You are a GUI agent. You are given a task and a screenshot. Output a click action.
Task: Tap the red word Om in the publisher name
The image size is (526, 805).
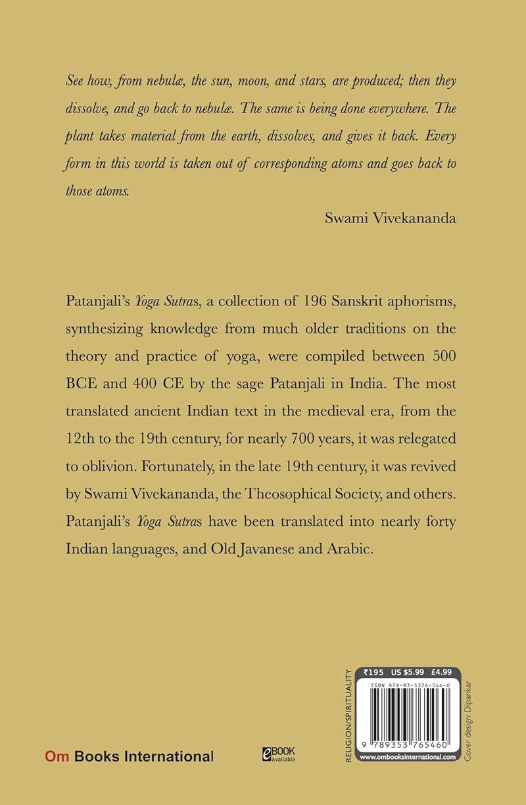coord(57,757)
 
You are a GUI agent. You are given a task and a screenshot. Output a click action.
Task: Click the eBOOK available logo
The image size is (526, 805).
coord(279,754)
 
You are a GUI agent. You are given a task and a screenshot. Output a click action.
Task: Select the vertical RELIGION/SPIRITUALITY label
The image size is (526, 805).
coord(348,714)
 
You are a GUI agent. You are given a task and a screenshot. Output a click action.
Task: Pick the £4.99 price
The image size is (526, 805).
coord(441,673)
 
